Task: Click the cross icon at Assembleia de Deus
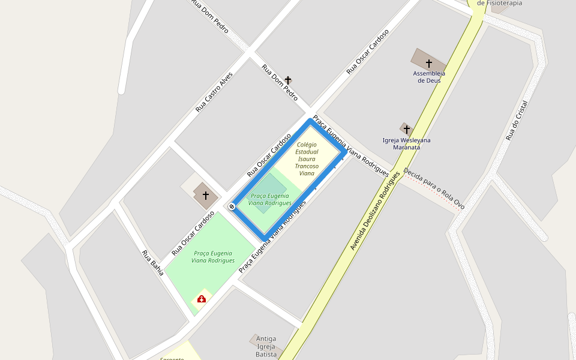tap(428, 63)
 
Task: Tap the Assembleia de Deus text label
tap(429, 77)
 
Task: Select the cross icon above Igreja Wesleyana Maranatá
tap(407, 129)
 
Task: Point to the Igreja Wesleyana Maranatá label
tap(406, 143)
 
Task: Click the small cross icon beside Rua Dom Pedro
tap(288, 80)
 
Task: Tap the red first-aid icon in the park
tap(202, 298)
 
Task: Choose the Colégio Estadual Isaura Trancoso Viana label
tap(306, 159)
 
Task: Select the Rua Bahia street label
tap(152, 262)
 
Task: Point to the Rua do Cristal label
tap(520, 120)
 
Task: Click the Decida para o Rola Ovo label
tap(434, 188)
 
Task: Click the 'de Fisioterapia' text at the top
tap(499, 3)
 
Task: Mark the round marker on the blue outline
tap(232, 206)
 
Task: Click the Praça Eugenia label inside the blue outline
tap(269, 199)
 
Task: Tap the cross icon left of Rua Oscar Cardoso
tap(206, 196)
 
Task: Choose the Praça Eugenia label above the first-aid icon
tap(213, 257)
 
